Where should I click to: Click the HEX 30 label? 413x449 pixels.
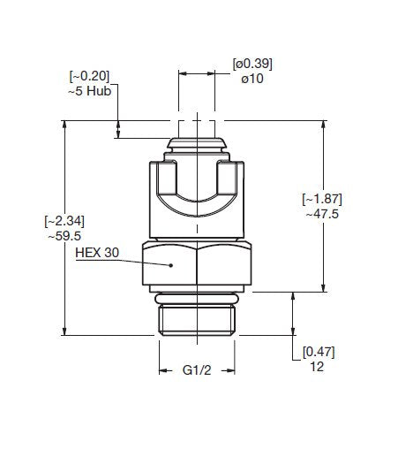(97, 253)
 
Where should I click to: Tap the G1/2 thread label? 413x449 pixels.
(197, 370)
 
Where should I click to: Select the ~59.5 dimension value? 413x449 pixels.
(64, 236)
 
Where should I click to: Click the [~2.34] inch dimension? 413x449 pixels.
(64, 221)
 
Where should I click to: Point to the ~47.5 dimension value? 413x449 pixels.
(322, 214)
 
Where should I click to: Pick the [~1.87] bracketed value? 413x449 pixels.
(322, 199)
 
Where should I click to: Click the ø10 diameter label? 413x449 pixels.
(252, 79)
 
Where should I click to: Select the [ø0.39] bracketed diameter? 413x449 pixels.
(252, 64)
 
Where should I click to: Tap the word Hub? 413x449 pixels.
(99, 91)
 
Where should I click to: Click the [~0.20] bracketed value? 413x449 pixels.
(89, 76)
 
